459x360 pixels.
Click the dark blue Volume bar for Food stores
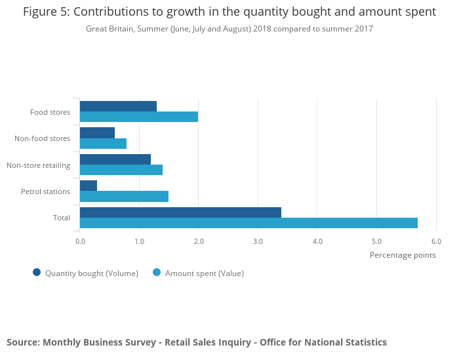pyautogui.click(x=118, y=106)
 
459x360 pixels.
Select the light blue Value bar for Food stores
pyautogui.click(x=139, y=117)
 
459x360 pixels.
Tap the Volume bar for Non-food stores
pyautogui.click(x=97, y=132)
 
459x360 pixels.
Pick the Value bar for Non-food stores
pyautogui.click(x=103, y=143)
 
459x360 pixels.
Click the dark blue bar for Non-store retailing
pyautogui.click(x=115, y=159)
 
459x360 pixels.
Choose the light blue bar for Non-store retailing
pyautogui.click(x=121, y=170)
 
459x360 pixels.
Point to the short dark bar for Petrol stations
pyautogui.click(x=89, y=186)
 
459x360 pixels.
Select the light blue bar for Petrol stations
pyautogui.click(x=124, y=196)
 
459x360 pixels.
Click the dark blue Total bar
pyautogui.click(x=180, y=212)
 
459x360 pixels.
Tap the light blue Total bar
pyautogui.click(x=249, y=223)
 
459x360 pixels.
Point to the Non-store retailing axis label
pyautogui.click(x=38, y=165)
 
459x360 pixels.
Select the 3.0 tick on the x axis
pyautogui.click(x=258, y=241)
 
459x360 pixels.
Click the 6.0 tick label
pyautogui.click(x=436, y=241)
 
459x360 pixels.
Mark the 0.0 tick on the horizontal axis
pyautogui.click(x=80, y=241)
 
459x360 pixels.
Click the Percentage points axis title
pyautogui.click(x=403, y=255)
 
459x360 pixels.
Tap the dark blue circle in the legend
pyautogui.click(x=37, y=273)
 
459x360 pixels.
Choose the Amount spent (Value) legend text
pyautogui.click(x=204, y=273)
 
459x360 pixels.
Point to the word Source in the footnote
pyautogui.click(x=22, y=342)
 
